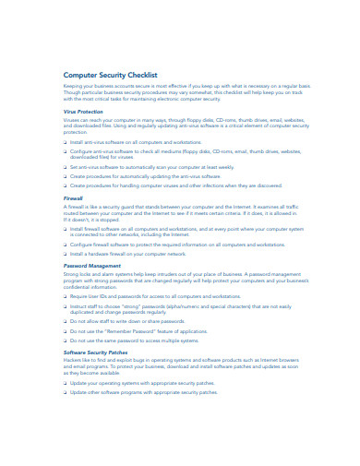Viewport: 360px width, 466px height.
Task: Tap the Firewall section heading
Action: [72, 197]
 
